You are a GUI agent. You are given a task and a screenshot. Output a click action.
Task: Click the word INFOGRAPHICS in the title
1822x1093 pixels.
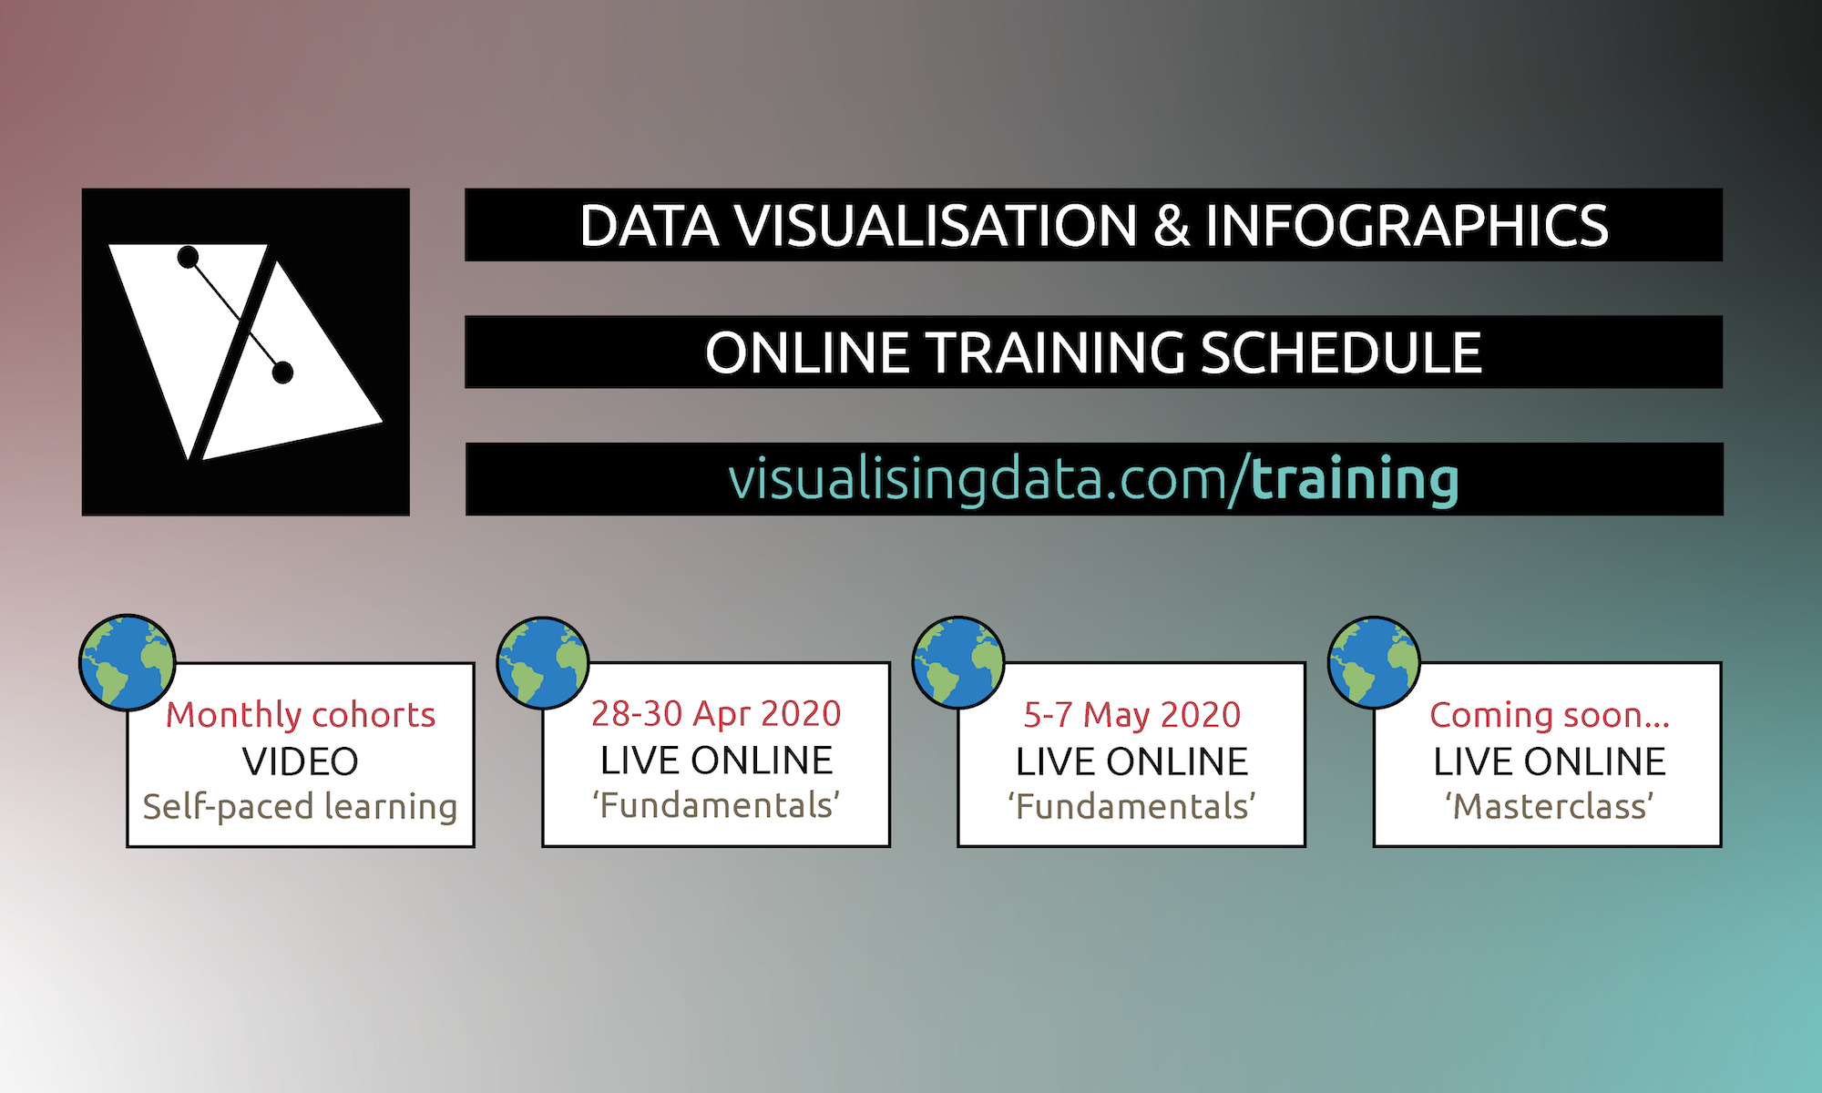click(1407, 226)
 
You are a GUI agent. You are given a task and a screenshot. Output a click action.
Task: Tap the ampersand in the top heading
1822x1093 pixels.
click(1172, 226)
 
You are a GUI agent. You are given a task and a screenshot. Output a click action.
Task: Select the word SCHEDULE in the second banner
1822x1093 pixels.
click(1341, 353)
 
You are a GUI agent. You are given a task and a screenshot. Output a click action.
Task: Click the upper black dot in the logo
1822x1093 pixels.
click(188, 258)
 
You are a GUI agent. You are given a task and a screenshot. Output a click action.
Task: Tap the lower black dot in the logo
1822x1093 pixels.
click(282, 372)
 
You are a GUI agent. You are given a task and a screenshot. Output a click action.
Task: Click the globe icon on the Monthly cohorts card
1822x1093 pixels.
click(128, 662)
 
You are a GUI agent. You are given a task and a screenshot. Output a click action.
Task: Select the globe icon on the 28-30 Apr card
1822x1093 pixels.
click(543, 663)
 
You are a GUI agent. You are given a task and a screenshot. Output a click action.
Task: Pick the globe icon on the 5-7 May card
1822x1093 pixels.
click(958, 663)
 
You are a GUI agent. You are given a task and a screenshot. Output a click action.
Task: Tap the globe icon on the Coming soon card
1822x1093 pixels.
click(1374, 663)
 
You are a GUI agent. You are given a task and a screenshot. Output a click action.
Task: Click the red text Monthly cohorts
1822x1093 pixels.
click(301, 716)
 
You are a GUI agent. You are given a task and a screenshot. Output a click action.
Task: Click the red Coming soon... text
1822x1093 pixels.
click(1549, 716)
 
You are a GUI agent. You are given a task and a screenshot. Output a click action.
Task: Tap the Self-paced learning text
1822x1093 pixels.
click(301, 807)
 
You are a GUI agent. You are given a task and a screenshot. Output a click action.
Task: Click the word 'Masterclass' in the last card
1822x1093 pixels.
click(1549, 807)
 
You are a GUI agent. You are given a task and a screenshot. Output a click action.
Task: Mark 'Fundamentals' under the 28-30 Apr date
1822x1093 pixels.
click(716, 806)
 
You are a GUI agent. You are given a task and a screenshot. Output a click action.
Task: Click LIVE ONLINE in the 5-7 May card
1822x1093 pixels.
click(1131, 762)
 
